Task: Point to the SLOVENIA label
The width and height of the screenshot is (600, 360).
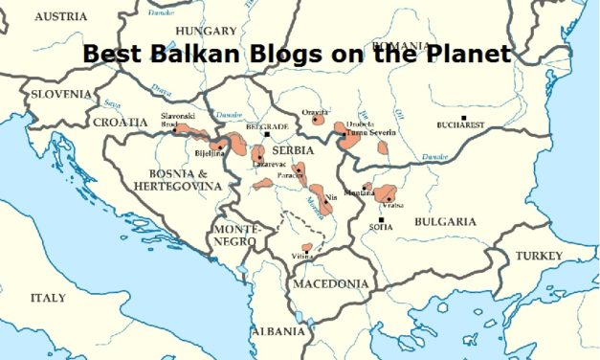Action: coord(62,94)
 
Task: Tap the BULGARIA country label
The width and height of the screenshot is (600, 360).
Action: coord(445,221)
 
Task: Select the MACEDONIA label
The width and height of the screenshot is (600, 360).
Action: coord(330,284)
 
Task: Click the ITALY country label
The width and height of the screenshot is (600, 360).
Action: coord(48,298)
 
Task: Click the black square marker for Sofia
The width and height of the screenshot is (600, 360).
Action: coord(381,219)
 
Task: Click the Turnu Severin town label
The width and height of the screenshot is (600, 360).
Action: coord(368,133)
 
